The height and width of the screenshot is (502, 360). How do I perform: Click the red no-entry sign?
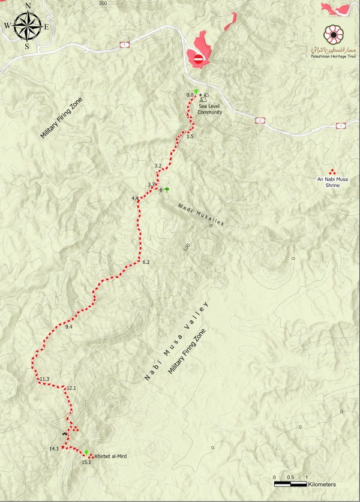199,58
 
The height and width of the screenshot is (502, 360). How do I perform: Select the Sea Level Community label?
211,108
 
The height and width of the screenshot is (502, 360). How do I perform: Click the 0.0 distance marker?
190,95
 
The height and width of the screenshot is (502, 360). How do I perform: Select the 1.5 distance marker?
190,137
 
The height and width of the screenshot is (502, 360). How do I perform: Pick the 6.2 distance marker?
146,263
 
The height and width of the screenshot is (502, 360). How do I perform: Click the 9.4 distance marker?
68,326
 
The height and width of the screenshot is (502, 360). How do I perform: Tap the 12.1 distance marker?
71,388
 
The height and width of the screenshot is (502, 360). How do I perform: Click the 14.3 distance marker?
54,449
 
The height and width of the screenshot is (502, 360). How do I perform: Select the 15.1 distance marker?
86,462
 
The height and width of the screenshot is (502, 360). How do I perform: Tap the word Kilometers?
323,483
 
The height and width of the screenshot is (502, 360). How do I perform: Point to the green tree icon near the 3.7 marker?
167,189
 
